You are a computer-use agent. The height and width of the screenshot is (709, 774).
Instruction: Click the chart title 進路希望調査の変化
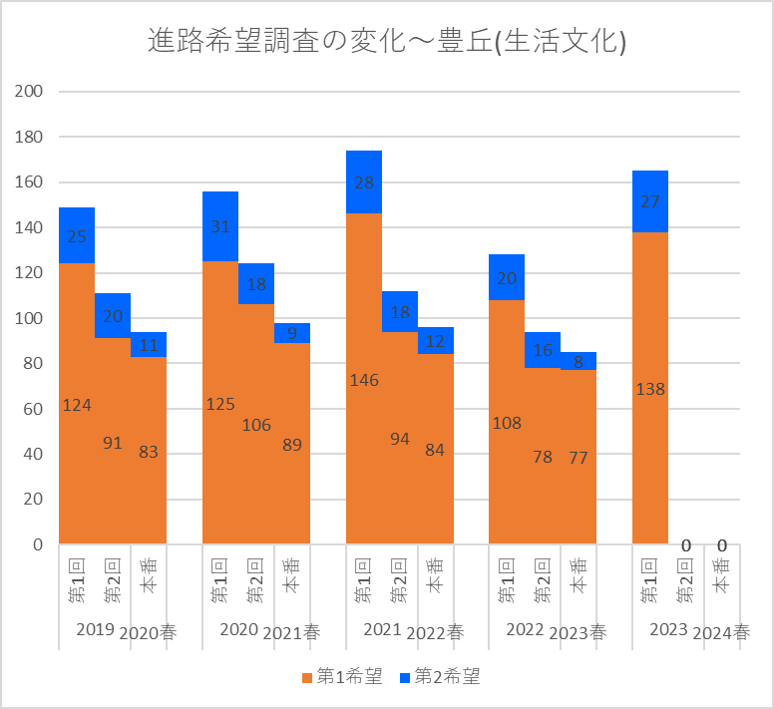point(386,41)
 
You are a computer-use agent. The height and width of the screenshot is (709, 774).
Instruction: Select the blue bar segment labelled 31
point(220,226)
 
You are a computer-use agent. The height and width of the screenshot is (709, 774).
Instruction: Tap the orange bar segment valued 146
point(364,379)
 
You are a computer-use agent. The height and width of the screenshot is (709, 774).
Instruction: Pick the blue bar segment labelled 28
point(364,181)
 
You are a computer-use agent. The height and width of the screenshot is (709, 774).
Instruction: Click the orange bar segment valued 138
point(650,388)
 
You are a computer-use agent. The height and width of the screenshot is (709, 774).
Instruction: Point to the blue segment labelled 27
point(650,201)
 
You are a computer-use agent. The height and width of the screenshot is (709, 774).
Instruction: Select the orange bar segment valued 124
point(77,404)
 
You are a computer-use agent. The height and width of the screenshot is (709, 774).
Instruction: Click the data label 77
point(579,458)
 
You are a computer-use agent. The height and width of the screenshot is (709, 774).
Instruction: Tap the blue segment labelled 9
point(292,333)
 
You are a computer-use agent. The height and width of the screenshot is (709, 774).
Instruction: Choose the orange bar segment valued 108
point(507,422)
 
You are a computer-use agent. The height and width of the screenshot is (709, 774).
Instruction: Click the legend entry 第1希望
point(342,677)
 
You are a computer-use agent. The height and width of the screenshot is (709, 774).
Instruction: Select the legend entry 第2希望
point(440,677)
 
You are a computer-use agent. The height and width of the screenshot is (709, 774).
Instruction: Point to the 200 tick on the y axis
point(29,92)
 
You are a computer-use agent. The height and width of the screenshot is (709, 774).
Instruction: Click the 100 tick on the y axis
point(29,318)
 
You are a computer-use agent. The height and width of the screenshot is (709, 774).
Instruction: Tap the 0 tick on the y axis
point(37,544)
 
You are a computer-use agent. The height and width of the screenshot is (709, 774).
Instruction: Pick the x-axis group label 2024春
point(722,631)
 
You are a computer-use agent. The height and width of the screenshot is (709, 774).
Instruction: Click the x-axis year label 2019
point(95,630)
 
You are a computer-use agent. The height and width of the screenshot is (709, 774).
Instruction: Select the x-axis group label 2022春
point(436,631)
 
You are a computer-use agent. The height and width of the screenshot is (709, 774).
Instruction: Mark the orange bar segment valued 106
point(256,424)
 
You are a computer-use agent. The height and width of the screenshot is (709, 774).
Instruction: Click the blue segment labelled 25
point(77,235)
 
